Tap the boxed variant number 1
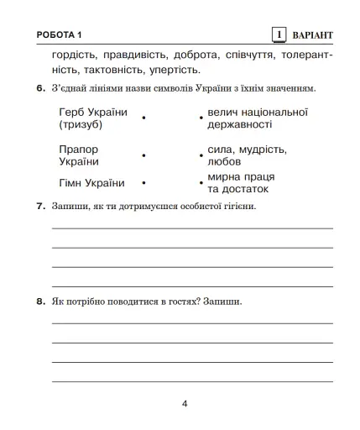(x=279, y=34)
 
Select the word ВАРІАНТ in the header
(x=312, y=35)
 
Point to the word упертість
(x=175, y=69)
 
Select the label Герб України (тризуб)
(x=93, y=118)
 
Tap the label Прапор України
(x=81, y=155)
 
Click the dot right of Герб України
(x=144, y=118)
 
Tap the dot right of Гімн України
(x=144, y=183)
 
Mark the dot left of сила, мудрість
(x=200, y=155)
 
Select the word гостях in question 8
(x=184, y=301)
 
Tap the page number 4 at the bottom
(x=185, y=403)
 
